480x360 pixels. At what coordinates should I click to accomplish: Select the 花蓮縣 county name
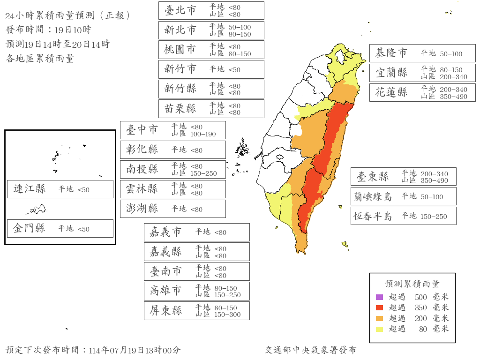pyautogui.click(x=391, y=92)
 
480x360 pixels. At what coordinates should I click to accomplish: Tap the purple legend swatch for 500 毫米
pyautogui.click(x=379, y=297)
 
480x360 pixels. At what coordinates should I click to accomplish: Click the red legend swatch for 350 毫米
pyautogui.click(x=379, y=307)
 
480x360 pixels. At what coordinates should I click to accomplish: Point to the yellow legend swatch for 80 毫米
pyautogui.click(x=379, y=329)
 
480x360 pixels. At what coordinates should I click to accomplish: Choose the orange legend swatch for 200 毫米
pyautogui.click(x=379, y=318)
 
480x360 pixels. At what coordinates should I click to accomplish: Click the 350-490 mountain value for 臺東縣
pyautogui.click(x=435, y=180)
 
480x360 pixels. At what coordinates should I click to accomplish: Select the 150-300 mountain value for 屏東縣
pyautogui.click(x=227, y=314)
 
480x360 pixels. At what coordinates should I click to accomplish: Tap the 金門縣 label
pyautogui.click(x=30, y=228)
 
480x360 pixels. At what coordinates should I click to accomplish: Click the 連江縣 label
pyautogui.click(x=30, y=189)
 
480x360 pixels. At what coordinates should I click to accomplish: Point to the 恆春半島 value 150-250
pyautogui.click(x=434, y=217)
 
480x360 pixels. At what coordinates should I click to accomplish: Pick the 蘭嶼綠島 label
pyautogui.click(x=373, y=196)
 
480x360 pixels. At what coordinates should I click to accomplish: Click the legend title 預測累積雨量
pyautogui.click(x=412, y=284)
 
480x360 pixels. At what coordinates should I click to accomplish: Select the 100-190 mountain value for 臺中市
pyautogui.click(x=203, y=134)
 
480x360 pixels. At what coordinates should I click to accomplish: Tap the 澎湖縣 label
pyautogui.click(x=142, y=209)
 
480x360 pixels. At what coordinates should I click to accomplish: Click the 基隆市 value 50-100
pyautogui.click(x=451, y=54)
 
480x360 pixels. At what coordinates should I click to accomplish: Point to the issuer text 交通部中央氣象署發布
pyautogui.click(x=310, y=350)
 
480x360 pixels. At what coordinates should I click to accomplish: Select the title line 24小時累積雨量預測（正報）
pyautogui.click(x=68, y=15)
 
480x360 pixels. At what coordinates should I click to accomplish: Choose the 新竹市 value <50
pyautogui.click(x=234, y=70)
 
